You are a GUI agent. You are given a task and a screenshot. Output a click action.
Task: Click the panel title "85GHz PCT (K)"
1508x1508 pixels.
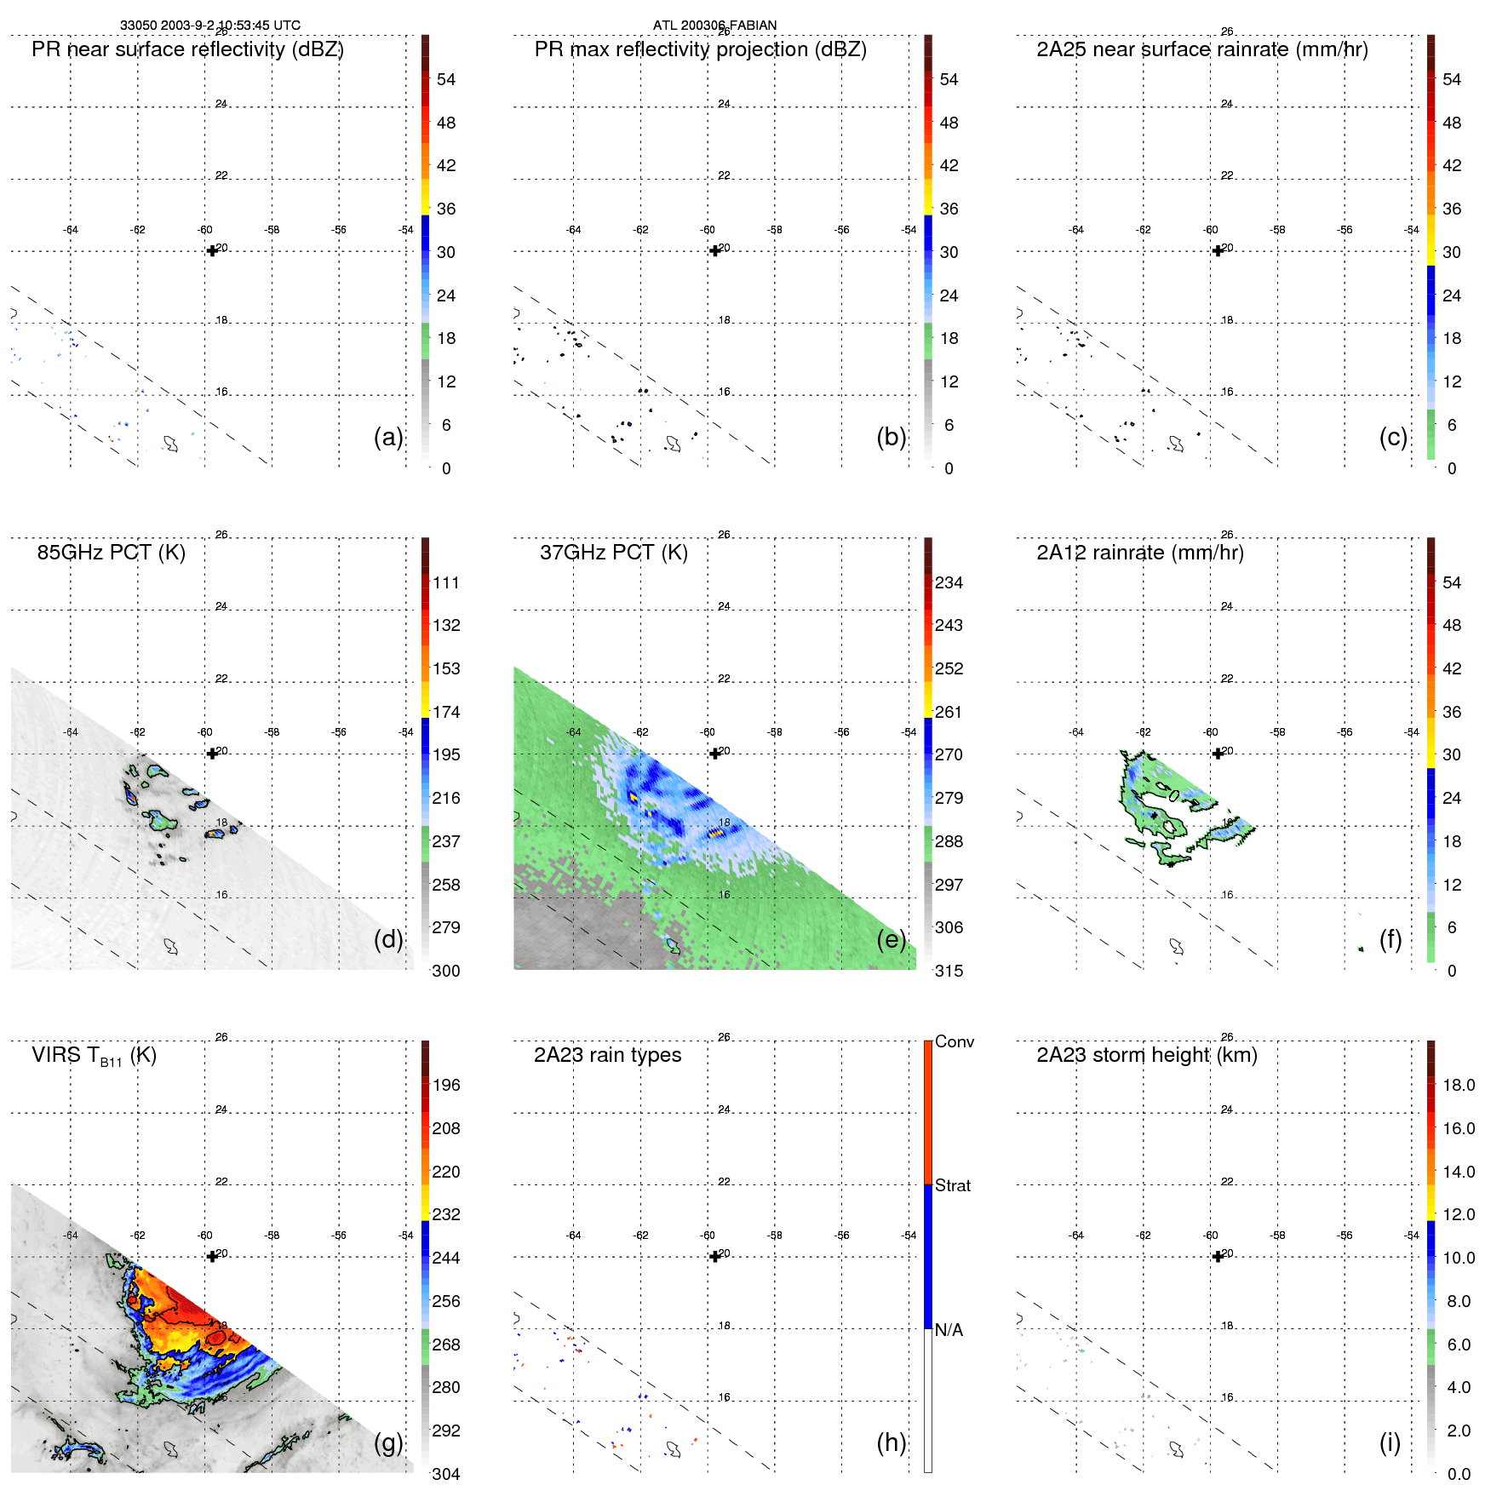111,553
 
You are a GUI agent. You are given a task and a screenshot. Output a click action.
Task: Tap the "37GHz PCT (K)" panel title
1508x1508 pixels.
613,553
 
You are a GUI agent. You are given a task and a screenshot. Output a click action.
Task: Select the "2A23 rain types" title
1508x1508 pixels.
607,1055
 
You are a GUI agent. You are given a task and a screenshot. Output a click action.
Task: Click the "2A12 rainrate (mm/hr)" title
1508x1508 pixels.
1139,553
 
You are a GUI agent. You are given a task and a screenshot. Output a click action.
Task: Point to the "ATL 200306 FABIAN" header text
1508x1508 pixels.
714,26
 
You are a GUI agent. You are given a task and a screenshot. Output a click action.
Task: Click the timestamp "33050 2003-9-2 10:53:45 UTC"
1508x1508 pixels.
209,26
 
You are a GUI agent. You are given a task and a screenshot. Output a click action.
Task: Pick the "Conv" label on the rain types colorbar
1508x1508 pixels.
954,1042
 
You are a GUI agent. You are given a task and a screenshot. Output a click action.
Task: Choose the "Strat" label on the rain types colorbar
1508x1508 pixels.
952,1186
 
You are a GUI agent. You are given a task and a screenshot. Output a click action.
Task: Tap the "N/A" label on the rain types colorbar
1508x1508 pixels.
949,1330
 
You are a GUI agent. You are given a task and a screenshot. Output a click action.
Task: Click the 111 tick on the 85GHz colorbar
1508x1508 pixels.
445,583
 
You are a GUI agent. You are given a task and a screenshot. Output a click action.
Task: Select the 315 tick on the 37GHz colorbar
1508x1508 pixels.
949,972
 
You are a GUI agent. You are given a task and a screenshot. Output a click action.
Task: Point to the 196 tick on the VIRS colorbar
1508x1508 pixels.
445,1086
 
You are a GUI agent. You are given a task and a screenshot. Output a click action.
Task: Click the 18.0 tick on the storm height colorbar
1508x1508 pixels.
1458,1086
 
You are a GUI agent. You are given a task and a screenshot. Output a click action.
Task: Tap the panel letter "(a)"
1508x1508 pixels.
387,438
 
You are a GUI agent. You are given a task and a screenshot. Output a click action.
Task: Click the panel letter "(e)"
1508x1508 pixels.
891,940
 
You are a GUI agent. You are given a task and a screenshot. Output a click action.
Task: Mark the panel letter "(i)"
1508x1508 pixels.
1390,1442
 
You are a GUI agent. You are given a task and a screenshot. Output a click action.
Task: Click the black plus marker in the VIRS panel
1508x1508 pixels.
212,1256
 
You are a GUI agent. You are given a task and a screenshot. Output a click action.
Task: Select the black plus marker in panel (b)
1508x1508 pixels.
715,250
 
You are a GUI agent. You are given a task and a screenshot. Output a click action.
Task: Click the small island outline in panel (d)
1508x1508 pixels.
171,946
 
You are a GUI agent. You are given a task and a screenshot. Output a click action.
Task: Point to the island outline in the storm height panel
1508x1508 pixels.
1177,1448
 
